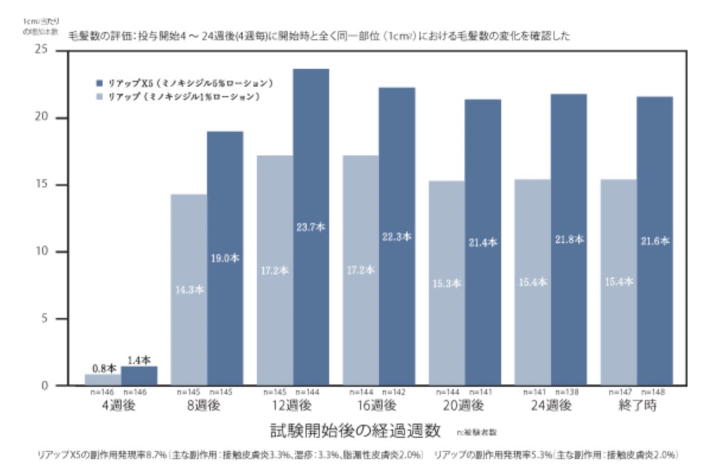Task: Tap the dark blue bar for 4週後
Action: pyautogui.click(x=139, y=375)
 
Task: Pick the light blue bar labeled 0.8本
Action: pyautogui.click(x=103, y=380)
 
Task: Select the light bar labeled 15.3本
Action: pyautogui.click(x=447, y=283)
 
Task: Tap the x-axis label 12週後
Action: pyautogui.click(x=292, y=406)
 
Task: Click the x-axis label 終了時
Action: pyautogui.click(x=637, y=406)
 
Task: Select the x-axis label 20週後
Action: pyautogui.click(x=464, y=406)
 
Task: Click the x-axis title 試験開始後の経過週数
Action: pyautogui.click(x=355, y=430)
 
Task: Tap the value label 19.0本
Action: pyautogui.click(x=225, y=259)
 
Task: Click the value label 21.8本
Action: pyautogui.click(x=569, y=240)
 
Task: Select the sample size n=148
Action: pyautogui.click(x=655, y=393)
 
